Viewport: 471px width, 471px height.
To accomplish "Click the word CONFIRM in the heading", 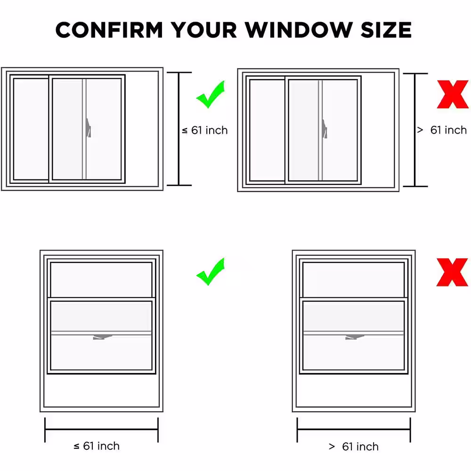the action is point(109,30).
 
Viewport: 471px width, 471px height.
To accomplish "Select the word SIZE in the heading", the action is point(386,30).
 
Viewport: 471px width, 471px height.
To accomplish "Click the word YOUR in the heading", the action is point(203,30).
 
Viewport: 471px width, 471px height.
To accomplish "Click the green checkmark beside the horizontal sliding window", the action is point(211,95).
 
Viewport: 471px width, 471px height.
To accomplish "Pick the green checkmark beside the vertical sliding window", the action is point(211,272).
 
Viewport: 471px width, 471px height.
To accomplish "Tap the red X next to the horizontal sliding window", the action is point(453,94).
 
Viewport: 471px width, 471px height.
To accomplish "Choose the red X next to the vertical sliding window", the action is point(452,272).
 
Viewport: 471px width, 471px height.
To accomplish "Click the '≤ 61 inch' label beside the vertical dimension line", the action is point(205,130).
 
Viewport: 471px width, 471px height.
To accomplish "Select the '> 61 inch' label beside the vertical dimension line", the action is point(442,130).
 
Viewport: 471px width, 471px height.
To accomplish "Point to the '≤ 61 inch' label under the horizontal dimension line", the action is point(97,446).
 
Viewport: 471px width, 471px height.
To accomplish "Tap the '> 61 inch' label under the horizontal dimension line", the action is point(354,447).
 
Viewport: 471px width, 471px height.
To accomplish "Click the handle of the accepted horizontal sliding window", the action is point(89,128).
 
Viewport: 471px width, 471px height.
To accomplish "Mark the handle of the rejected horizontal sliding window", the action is point(325,129).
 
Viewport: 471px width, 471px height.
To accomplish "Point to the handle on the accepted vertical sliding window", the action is point(102,337).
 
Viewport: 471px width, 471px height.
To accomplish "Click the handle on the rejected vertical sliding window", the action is point(355,337).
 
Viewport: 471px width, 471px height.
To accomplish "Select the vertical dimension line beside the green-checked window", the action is point(179,129).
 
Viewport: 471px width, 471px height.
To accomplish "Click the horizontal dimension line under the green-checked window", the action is point(102,430).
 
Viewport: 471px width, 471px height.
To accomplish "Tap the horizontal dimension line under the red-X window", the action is point(354,430).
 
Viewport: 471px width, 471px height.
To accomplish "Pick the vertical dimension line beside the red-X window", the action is point(415,130).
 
